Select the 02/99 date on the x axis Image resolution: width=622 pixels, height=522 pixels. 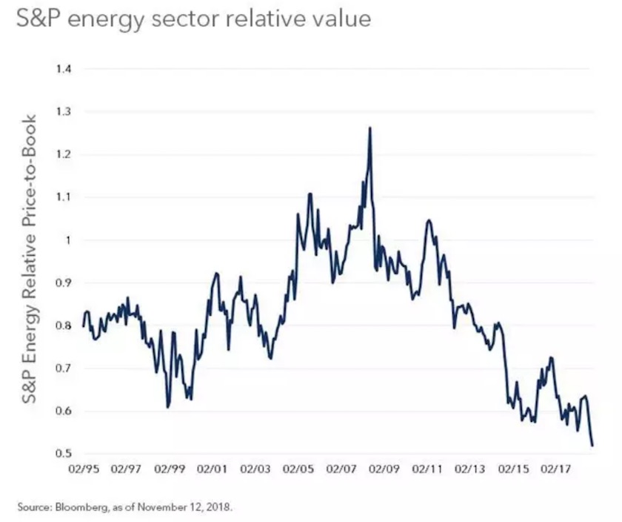point(170,469)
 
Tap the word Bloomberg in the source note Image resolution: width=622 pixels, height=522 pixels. point(80,508)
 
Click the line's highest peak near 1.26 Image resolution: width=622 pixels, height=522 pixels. point(369,128)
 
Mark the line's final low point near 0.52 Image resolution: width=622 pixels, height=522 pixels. point(592,446)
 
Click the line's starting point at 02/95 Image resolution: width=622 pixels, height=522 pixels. point(84,326)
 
